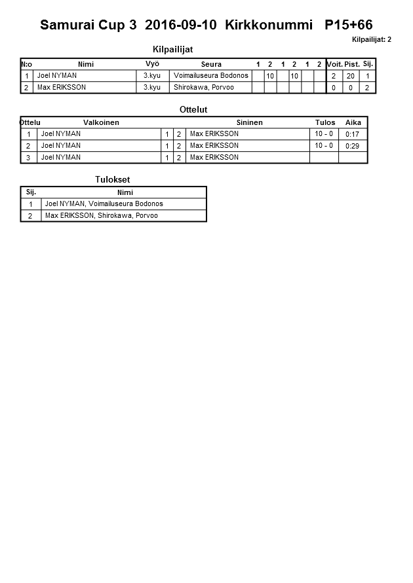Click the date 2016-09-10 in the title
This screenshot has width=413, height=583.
coord(180,26)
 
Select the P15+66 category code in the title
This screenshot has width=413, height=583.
coord(348,26)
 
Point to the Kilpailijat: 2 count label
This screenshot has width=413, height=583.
coord(371,40)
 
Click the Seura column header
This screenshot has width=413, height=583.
coord(211,64)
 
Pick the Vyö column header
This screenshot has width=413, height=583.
coord(152,63)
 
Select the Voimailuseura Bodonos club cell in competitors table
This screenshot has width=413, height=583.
coord(210,75)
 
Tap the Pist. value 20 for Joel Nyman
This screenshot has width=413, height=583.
coord(351,76)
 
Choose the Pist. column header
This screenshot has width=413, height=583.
coord(352,64)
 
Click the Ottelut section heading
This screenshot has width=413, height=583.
coord(193,109)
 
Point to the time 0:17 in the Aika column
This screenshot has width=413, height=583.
coord(352,134)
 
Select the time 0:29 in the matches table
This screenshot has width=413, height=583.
coord(352,146)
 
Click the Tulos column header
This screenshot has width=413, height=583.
coord(324,122)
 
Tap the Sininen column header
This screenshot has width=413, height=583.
coord(249,122)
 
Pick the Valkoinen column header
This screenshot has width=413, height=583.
coord(101,122)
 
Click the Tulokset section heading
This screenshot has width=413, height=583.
coord(113,179)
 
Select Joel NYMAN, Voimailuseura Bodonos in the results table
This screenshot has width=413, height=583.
coord(104,203)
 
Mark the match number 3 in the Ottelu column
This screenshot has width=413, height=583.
coord(29,158)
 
